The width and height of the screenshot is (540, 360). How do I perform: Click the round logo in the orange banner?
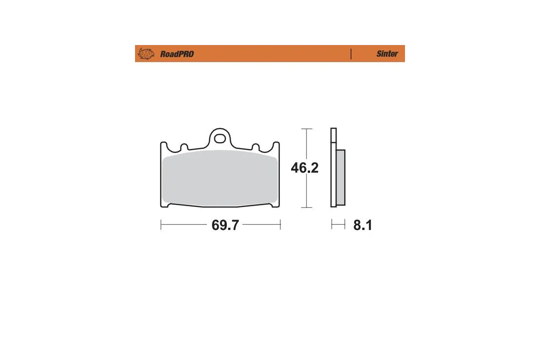point(145,54)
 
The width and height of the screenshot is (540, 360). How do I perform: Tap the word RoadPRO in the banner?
point(177,54)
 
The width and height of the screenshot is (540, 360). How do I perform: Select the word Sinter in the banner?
point(387,54)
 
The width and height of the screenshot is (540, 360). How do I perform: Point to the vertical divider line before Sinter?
point(351,54)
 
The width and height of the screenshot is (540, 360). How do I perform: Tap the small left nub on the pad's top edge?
point(184,147)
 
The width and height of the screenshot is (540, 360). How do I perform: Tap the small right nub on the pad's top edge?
point(255,147)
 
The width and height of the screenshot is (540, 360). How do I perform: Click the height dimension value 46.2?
point(305,168)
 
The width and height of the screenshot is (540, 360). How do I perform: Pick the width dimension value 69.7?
point(225,225)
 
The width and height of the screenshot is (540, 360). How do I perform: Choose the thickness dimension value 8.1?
point(362,225)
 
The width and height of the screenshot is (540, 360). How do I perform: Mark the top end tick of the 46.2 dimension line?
point(306,129)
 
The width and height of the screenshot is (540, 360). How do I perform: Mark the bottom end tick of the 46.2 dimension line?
point(306,208)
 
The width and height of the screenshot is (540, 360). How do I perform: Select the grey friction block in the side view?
point(341,177)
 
